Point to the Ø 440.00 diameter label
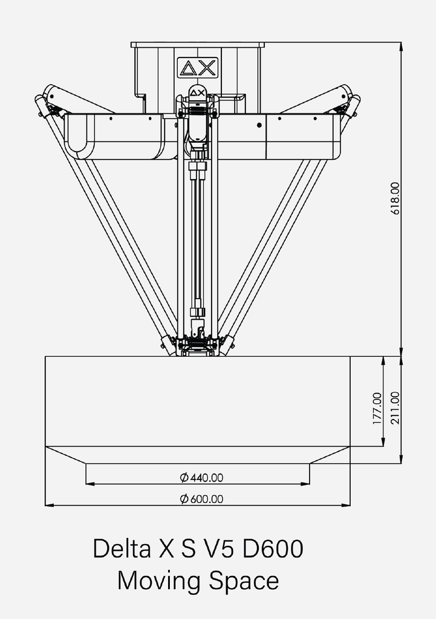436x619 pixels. [202, 478]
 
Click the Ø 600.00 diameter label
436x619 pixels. [202, 499]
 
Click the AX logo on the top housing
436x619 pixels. [198, 68]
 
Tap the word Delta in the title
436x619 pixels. [122, 549]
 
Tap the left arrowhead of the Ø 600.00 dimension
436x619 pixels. [48, 504]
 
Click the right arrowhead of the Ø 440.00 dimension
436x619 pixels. [307, 483]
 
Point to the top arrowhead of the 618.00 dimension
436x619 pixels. [400, 45]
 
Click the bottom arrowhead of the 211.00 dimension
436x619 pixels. [400, 461]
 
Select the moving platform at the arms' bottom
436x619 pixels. [197, 346]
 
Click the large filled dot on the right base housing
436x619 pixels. [259, 125]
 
